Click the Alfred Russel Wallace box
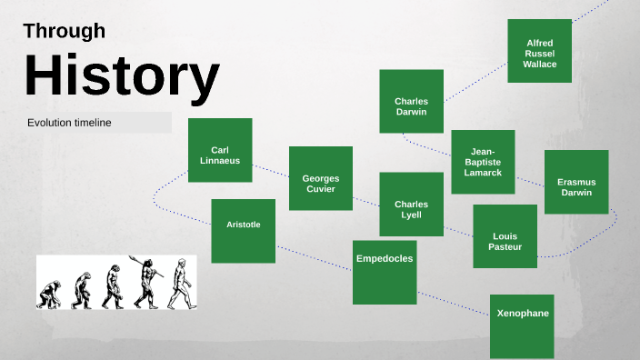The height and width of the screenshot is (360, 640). (539, 51)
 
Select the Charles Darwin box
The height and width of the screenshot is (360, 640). (411, 102)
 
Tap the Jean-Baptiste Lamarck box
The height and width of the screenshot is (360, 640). (483, 162)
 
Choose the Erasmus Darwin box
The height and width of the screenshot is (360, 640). (576, 182)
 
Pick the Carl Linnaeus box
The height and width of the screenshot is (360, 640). (220, 150)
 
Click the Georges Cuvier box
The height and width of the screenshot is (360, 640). (320, 178)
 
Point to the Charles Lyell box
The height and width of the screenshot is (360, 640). (411, 204)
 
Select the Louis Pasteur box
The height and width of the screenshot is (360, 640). (505, 236)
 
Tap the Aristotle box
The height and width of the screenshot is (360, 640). (243, 231)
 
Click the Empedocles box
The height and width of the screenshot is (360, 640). (385, 272)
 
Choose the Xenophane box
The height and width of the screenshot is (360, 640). (522, 325)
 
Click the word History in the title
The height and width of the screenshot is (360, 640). (121, 76)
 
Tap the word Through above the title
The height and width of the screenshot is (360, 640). (64, 31)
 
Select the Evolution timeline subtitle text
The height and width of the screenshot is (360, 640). (69, 123)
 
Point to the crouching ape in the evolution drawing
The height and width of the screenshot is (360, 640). (50, 294)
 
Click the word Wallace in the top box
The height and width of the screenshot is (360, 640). (539, 64)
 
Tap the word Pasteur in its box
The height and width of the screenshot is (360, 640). (505, 247)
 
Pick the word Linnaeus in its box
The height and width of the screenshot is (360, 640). (220, 161)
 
